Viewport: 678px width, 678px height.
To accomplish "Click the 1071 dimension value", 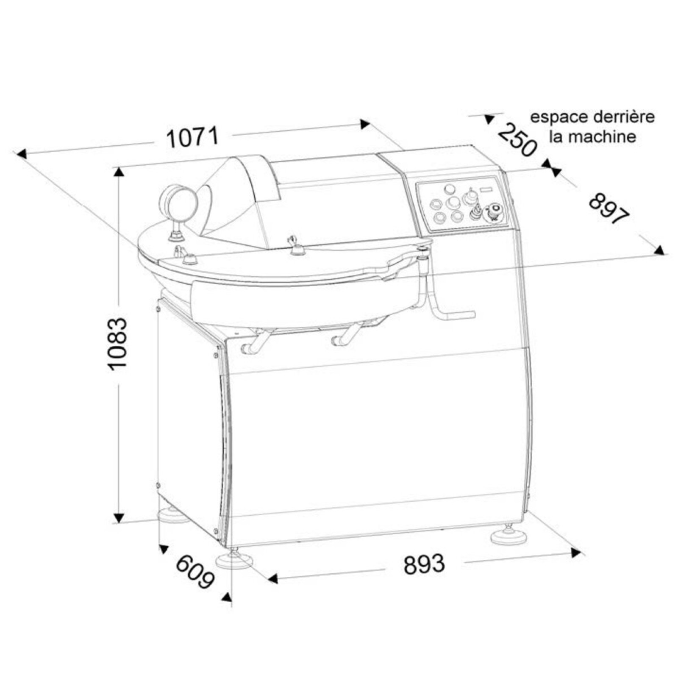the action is click(193, 137).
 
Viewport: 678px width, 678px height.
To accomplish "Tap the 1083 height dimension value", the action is click(117, 344).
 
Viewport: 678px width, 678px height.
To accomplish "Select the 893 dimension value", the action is click(424, 564).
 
